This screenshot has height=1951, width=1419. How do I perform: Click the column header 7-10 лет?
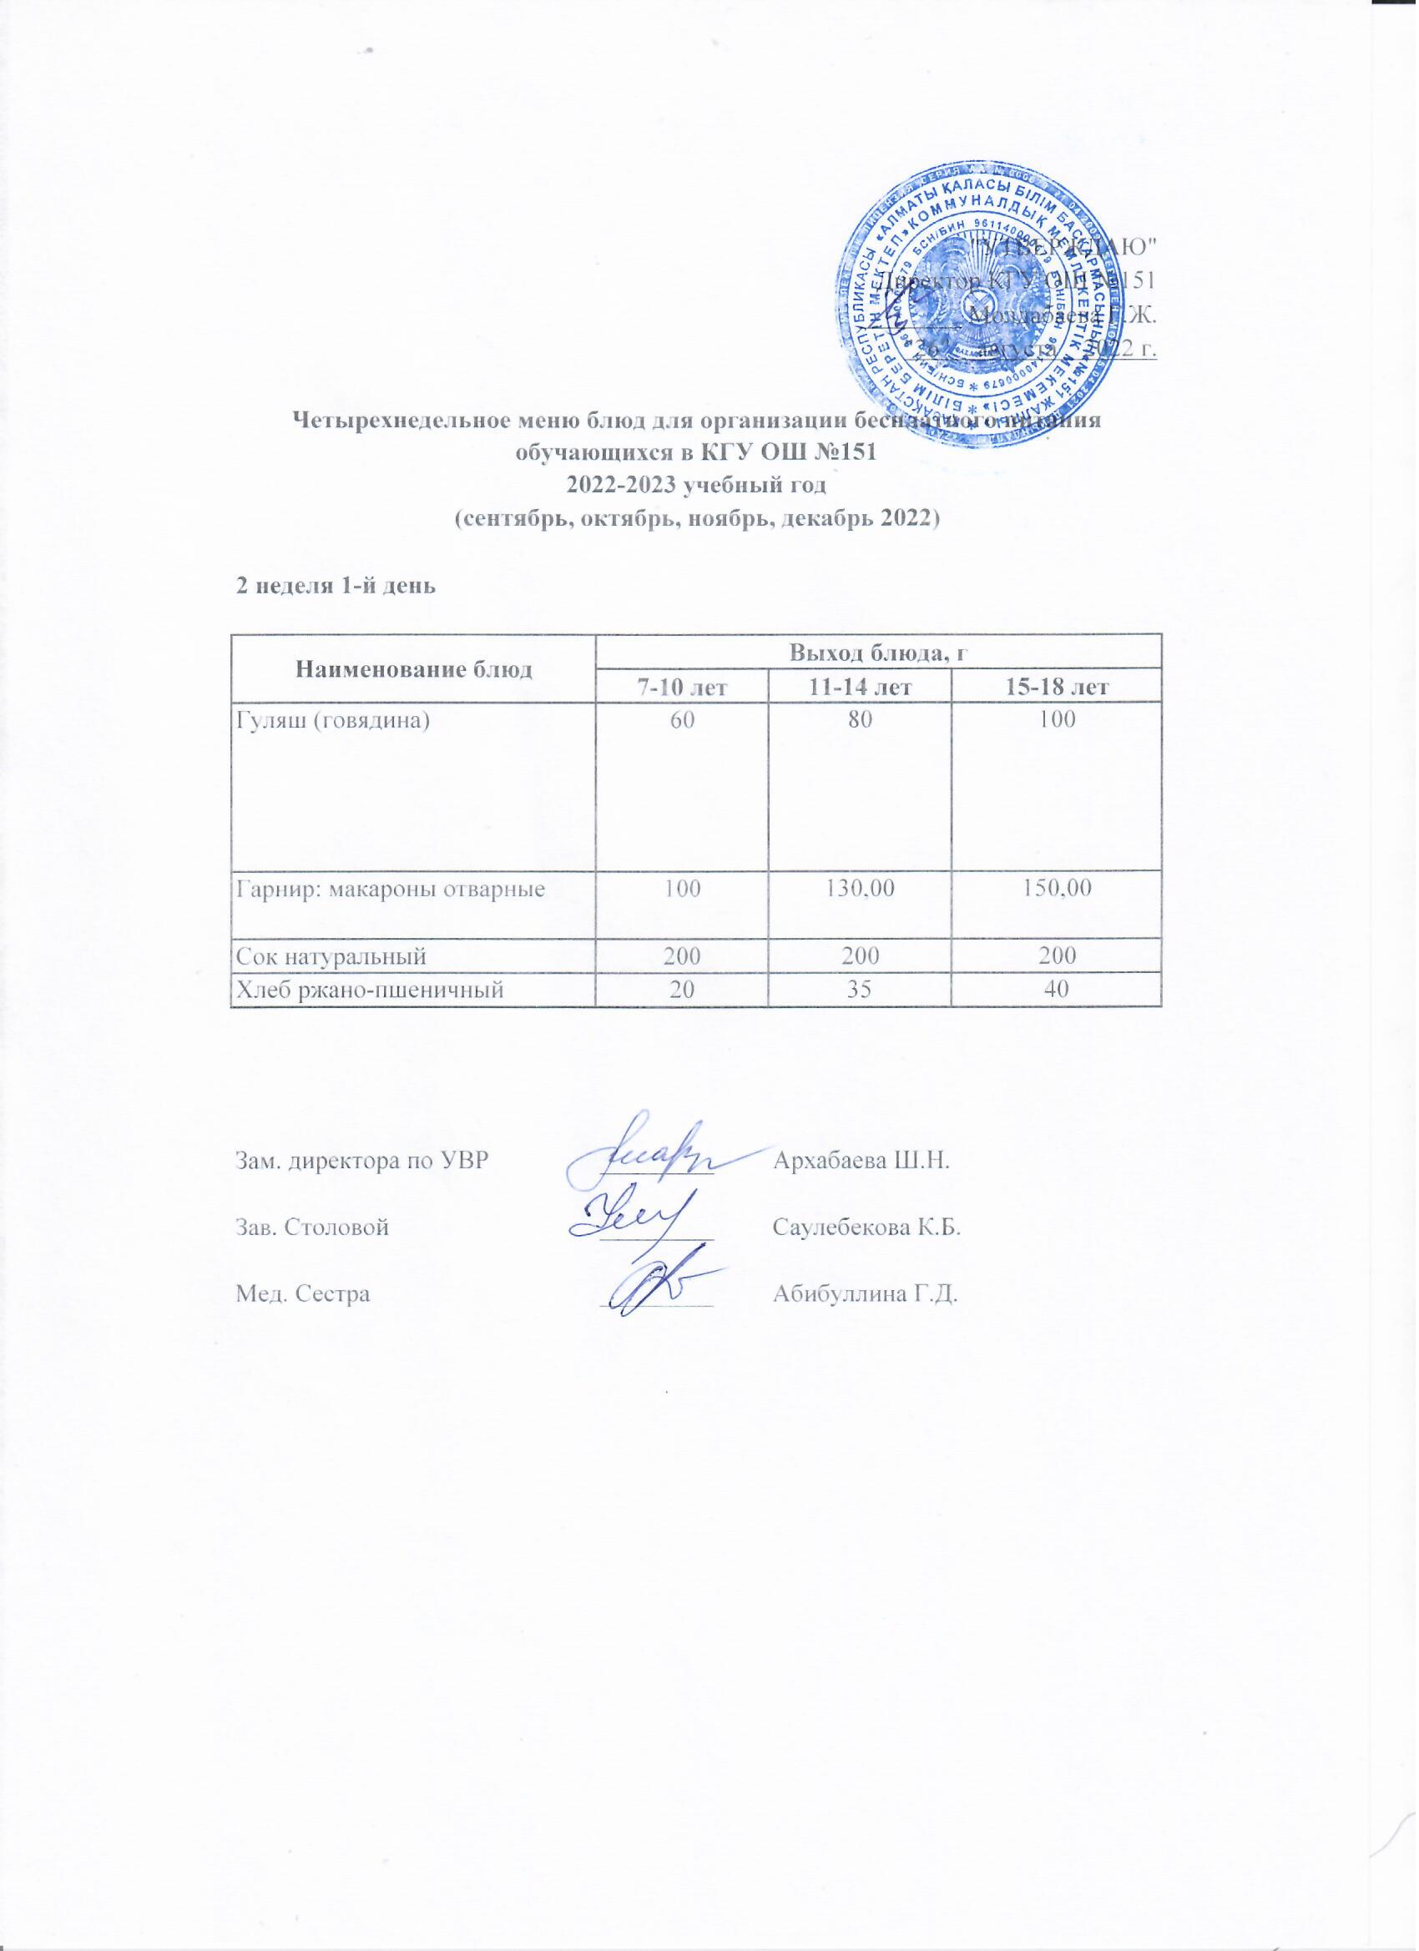point(679,688)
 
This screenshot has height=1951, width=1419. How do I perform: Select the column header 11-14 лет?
point(860,688)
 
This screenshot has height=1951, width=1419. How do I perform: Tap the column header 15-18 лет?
point(1058,688)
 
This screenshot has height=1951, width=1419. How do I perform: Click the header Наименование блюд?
point(413,670)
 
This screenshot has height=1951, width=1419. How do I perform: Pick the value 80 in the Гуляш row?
point(860,721)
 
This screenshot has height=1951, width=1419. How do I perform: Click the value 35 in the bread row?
point(860,991)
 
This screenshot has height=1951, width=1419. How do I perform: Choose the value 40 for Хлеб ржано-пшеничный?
point(1058,991)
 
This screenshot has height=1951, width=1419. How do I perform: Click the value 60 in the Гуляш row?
point(679,721)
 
